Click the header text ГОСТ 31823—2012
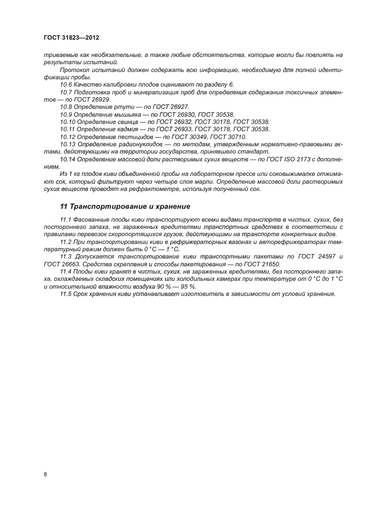[x=71, y=37]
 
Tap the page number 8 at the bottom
[x=45, y=474]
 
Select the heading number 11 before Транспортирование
[x=63, y=206]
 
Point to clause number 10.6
[x=66, y=83]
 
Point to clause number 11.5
[x=66, y=294]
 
